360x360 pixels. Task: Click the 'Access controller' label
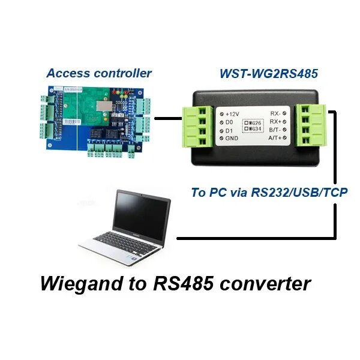[99, 74]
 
